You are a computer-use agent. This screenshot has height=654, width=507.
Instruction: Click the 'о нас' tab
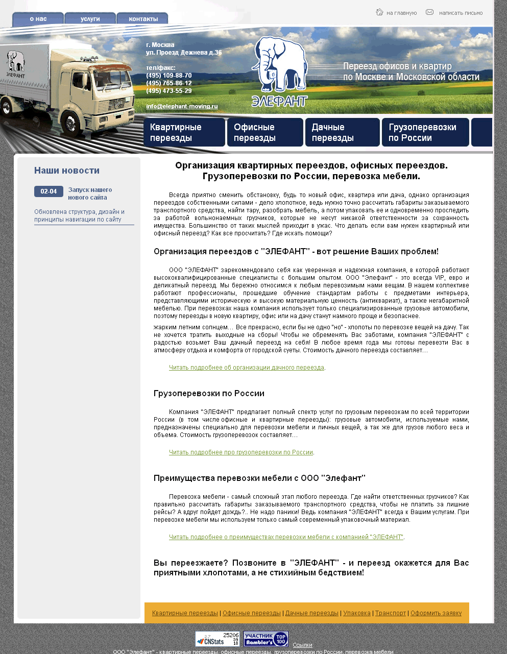coord(38,19)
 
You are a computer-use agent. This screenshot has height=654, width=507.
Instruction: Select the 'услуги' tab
coord(90,19)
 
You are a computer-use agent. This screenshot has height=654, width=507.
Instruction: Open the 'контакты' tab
coord(143,19)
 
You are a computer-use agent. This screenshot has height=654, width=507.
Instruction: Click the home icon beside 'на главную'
coord(379,12)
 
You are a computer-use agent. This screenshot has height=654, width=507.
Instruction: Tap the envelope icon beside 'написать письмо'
coord(430,12)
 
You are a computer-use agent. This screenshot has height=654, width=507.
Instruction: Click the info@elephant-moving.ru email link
coord(182,106)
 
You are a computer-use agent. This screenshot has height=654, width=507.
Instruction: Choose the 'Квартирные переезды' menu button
coord(184,132)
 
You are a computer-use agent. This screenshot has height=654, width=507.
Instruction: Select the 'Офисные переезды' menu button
coord(265,132)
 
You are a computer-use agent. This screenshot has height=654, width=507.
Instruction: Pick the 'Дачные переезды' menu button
coord(342,132)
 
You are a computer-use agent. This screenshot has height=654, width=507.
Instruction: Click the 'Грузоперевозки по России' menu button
coord(425,132)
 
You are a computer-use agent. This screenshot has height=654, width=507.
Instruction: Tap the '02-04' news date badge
coord(49,191)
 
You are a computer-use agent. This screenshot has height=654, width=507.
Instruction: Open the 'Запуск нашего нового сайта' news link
coord(90,193)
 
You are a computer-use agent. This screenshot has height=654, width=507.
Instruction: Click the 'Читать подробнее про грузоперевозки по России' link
coord(241,452)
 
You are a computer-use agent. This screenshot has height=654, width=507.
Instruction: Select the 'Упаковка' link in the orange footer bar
coord(357,613)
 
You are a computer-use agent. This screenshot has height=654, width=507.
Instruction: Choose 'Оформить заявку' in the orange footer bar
coord(436,613)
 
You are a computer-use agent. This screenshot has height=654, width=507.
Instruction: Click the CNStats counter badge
coord(218,639)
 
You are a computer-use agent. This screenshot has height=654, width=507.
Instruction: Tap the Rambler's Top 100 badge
coord(266,639)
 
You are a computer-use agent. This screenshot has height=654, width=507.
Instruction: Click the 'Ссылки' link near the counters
coord(302,645)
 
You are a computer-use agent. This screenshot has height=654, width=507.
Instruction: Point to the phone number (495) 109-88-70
coord(169,76)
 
